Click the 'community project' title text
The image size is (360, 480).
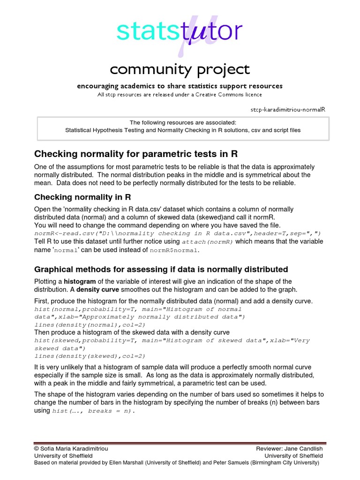[x=180, y=69]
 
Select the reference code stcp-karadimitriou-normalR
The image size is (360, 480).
[x=288, y=109]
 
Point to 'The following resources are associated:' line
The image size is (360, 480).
[x=183, y=122]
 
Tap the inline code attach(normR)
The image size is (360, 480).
[x=207, y=242]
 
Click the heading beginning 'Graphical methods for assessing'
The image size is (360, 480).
[x=161, y=270]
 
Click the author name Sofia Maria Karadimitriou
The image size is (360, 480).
[x=75, y=449]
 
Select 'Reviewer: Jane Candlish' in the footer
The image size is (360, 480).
[x=289, y=449]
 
